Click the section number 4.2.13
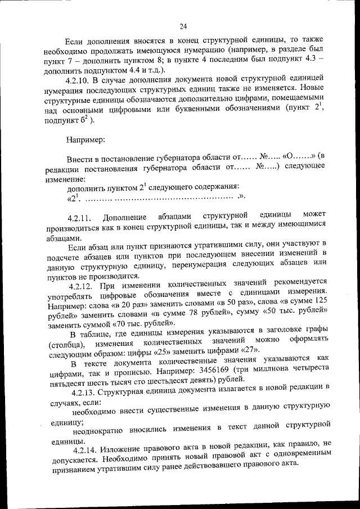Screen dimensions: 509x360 click(x=85, y=387)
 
